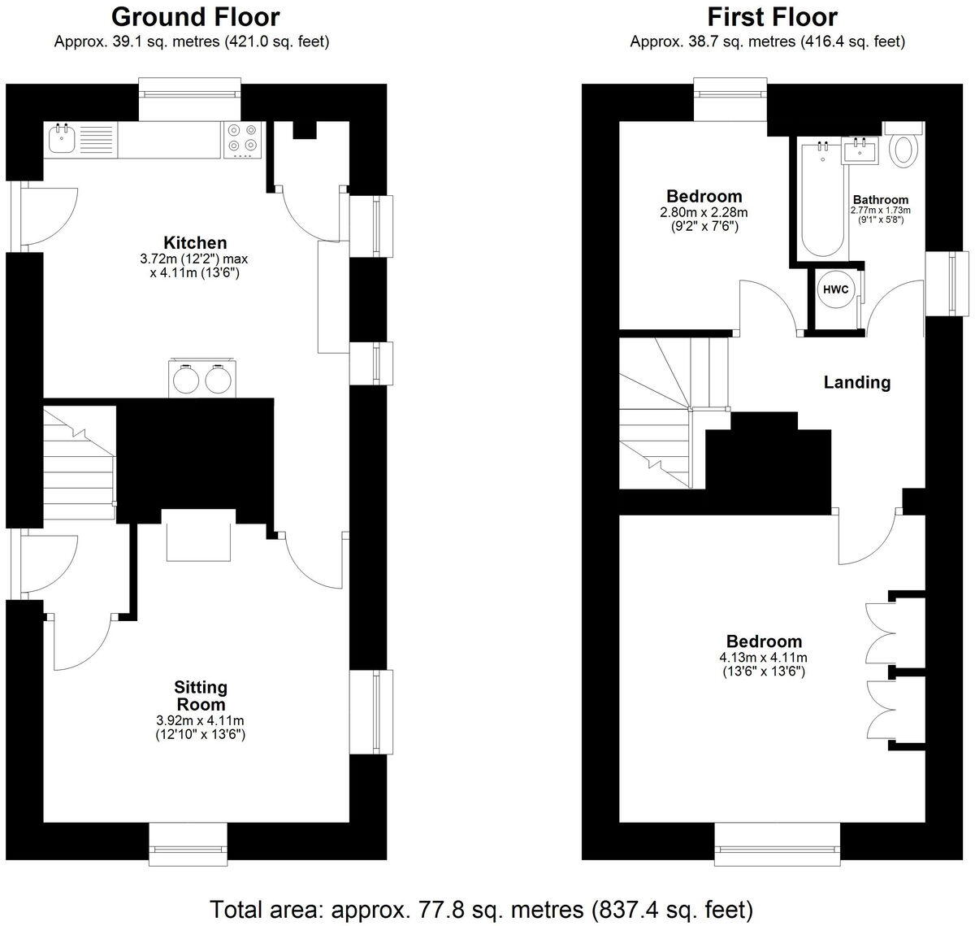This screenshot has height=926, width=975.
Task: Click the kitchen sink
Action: pyautogui.click(x=62, y=139)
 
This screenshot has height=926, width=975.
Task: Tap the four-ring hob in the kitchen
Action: pyautogui.click(x=243, y=138)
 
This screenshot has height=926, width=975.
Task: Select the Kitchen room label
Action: pyautogui.click(x=195, y=242)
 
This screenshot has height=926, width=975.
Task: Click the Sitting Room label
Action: pyautogui.click(x=201, y=696)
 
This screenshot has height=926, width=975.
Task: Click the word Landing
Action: pyautogui.click(x=857, y=382)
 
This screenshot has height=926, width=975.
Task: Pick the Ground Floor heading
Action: pyautogui.click(x=195, y=16)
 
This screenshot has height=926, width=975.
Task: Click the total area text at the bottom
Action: pyautogui.click(x=482, y=907)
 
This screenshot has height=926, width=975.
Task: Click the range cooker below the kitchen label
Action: pyautogui.click(x=199, y=379)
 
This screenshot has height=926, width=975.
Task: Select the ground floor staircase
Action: pyautogui.click(x=78, y=463)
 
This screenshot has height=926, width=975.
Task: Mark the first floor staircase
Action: pyautogui.click(x=662, y=415)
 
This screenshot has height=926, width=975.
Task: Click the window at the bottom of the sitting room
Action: pyautogui.click(x=188, y=850)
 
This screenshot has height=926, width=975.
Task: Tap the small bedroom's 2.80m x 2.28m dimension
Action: pyautogui.click(x=704, y=212)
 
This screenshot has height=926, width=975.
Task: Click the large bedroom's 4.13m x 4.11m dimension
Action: pyautogui.click(x=764, y=658)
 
